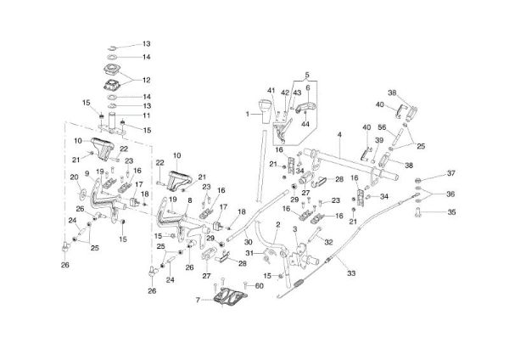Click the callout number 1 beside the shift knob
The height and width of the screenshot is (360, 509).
[x=250, y=113]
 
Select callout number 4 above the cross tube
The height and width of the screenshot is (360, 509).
[x=337, y=136]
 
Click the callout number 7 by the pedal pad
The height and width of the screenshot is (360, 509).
[x=199, y=301]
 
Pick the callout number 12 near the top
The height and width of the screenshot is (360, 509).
[x=145, y=82]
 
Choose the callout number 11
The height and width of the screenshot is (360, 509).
[x=145, y=115]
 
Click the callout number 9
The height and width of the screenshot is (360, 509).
[x=86, y=175]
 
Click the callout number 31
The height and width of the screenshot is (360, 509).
[x=249, y=253]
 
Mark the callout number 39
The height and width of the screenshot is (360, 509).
[x=380, y=140]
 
